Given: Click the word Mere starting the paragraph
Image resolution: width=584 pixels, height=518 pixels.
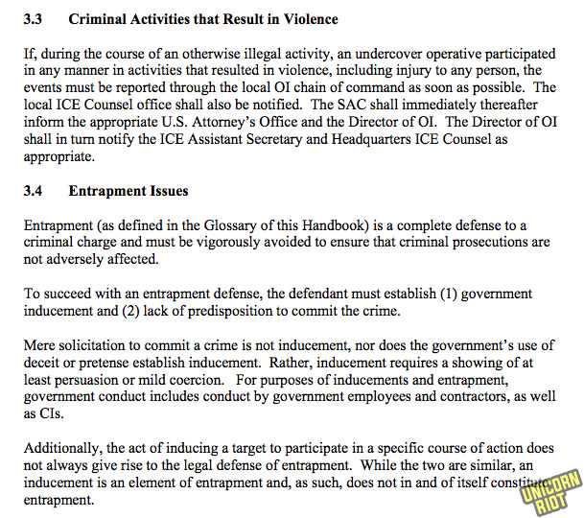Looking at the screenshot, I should tap(40, 345).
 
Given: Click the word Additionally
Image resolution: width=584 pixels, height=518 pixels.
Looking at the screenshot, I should tap(63, 448).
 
